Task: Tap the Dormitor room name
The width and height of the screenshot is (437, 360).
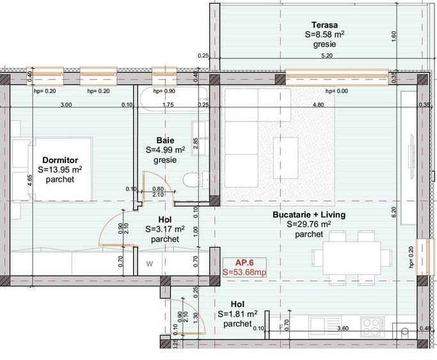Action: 60,160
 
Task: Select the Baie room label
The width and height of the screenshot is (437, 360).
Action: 165,140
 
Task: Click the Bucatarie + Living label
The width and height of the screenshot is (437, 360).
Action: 308,215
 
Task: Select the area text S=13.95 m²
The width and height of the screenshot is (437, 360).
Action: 60,170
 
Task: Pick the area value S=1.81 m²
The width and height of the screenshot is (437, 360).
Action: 237,314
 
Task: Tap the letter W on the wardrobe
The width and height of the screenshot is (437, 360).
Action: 150,262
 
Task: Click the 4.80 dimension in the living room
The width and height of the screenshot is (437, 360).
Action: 317,104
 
